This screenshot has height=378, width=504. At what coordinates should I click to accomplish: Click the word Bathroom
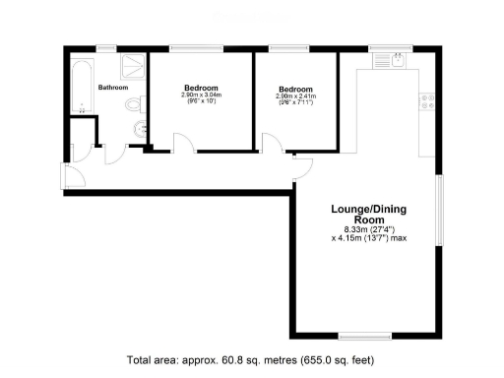(113, 88)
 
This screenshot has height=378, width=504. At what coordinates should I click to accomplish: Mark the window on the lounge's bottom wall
(365, 335)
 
